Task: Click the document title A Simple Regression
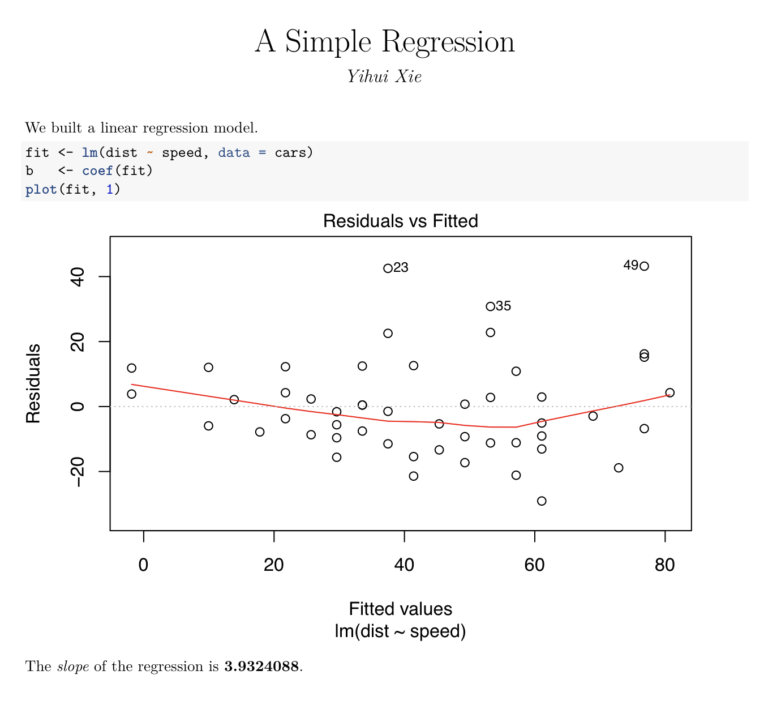(x=384, y=42)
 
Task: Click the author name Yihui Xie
(x=384, y=77)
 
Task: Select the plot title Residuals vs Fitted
(x=400, y=221)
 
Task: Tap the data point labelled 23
(x=388, y=268)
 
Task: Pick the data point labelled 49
(x=644, y=266)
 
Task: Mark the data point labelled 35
(x=490, y=307)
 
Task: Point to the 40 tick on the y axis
(x=78, y=277)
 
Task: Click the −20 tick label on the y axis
(x=78, y=472)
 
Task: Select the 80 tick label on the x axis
(x=665, y=565)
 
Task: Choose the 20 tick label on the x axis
(x=274, y=565)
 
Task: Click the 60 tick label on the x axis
(x=534, y=565)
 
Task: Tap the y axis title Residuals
(x=33, y=383)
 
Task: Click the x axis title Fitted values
(x=400, y=609)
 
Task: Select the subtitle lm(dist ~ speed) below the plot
(x=400, y=631)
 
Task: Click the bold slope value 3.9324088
(x=261, y=667)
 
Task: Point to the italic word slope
(x=73, y=667)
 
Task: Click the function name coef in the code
(x=97, y=170)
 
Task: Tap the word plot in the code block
(x=41, y=189)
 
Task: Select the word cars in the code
(x=290, y=152)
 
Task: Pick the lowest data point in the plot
(x=542, y=501)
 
